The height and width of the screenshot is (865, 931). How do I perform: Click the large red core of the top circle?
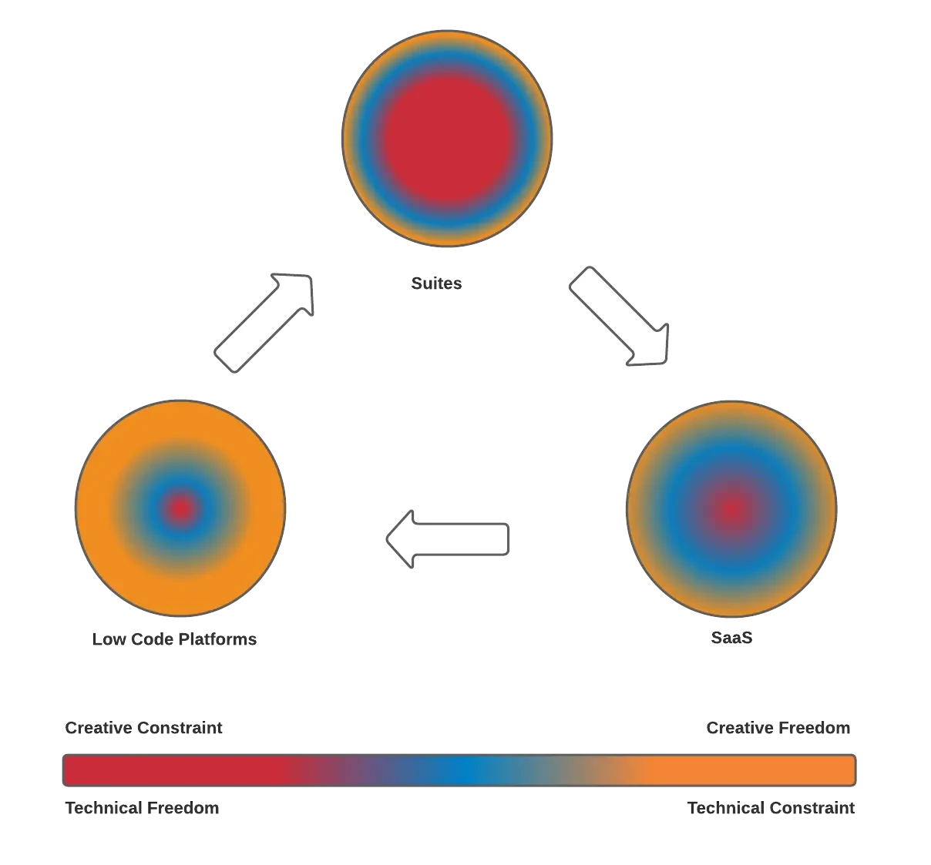click(447, 139)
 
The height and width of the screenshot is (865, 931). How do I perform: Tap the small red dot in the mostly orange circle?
click(180, 508)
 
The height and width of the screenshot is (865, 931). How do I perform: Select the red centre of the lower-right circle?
click(731, 508)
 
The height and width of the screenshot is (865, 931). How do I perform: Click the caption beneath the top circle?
click(435, 283)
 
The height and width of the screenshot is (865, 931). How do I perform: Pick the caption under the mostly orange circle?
click(176, 639)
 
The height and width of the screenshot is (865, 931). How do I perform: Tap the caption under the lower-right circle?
click(730, 639)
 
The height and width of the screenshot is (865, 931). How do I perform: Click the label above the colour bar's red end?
click(146, 729)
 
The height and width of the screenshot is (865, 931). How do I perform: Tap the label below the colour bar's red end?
click(142, 810)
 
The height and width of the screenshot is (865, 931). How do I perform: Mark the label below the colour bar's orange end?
click(770, 810)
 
